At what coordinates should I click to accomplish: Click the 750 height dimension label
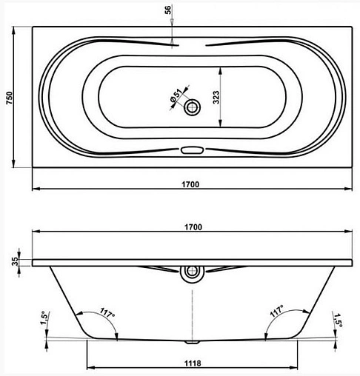9,98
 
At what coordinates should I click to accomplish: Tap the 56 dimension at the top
168,10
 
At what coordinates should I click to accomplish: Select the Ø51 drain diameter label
176,95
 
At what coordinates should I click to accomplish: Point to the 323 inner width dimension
216,97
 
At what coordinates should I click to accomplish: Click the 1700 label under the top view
190,184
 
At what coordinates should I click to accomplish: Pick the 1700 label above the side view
193,227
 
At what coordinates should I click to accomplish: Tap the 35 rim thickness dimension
16,261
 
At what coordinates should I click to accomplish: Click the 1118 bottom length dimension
193,363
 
